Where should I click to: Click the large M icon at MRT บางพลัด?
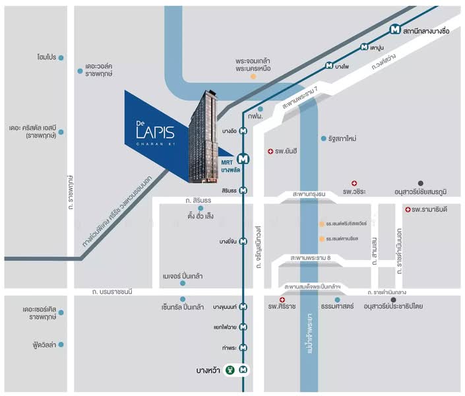click(x=243, y=158)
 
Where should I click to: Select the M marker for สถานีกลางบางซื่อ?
click(x=394, y=29)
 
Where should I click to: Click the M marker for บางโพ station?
click(x=329, y=66)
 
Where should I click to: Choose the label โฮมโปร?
click(x=46, y=57)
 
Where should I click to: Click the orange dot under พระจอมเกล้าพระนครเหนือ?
click(x=253, y=77)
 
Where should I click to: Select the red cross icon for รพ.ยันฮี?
click(x=270, y=152)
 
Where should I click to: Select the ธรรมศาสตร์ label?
click(x=337, y=307)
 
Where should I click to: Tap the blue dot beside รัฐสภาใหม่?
click(x=323, y=139)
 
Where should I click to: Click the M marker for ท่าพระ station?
click(x=243, y=347)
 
